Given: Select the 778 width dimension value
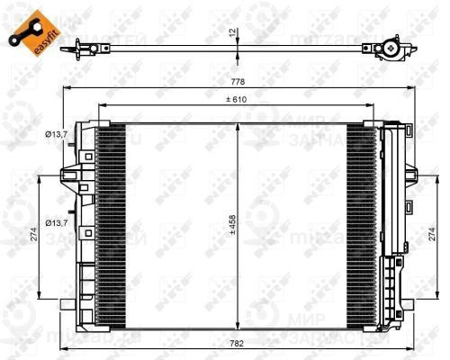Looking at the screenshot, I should click(x=235, y=82).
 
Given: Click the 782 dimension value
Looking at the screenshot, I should click(x=235, y=342).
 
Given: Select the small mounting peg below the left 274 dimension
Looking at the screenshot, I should click(x=65, y=305).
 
